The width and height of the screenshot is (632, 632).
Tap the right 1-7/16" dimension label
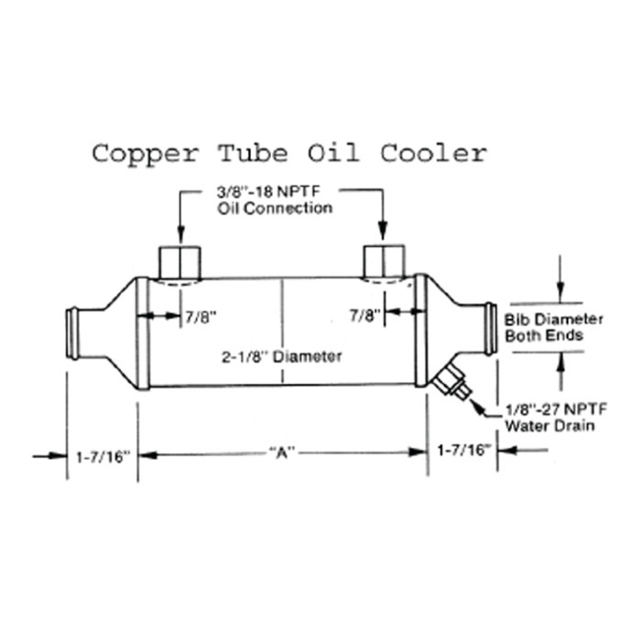tap(463, 450)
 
